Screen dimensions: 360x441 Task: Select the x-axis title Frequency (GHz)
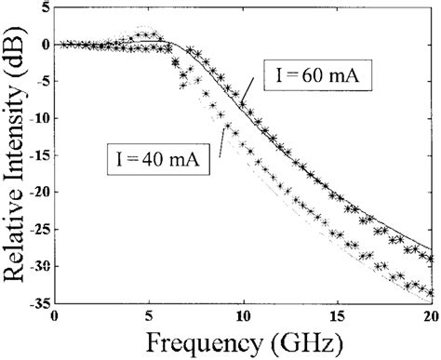click(244, 341)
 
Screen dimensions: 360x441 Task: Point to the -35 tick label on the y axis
click(35, 302)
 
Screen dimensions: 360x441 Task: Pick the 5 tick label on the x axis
click(150, 314)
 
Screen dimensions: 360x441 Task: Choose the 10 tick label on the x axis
click(245, 314)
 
